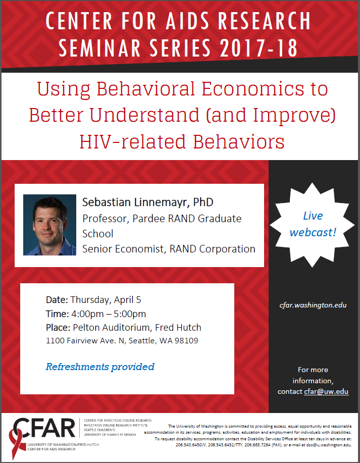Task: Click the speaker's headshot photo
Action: point(49,225)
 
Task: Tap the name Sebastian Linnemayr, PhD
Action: point(147,202)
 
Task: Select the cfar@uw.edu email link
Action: point(326,391)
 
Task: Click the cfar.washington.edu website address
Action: point(313,305)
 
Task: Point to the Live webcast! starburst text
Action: point(313,224)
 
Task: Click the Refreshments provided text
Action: point(100,367)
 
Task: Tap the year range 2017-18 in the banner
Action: point(259,48)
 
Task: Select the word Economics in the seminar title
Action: point(253,89)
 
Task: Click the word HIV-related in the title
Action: point(132,141)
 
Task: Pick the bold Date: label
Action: point(57,300)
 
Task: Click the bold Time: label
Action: point(57,314)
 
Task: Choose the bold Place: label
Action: point(58,328)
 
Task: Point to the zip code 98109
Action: point(186,341)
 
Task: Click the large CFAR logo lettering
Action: point(44,428)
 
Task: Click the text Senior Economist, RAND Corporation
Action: point(169,249)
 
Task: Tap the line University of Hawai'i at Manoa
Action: point(110,435)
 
